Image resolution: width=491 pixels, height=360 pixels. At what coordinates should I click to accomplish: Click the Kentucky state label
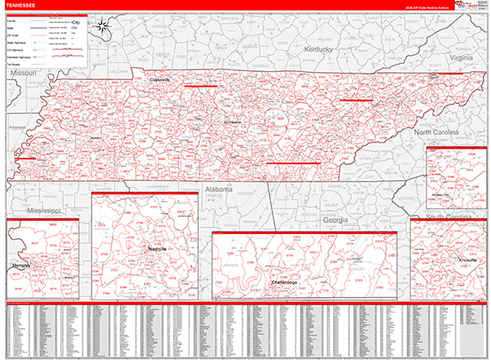click(x=320, y=50)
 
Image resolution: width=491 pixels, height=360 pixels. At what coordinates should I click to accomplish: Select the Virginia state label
click(x=461, y=59)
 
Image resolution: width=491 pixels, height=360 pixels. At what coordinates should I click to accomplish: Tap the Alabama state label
click(x=219, y=188)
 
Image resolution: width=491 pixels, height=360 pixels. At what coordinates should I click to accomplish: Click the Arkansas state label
click(x=16, y=128)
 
